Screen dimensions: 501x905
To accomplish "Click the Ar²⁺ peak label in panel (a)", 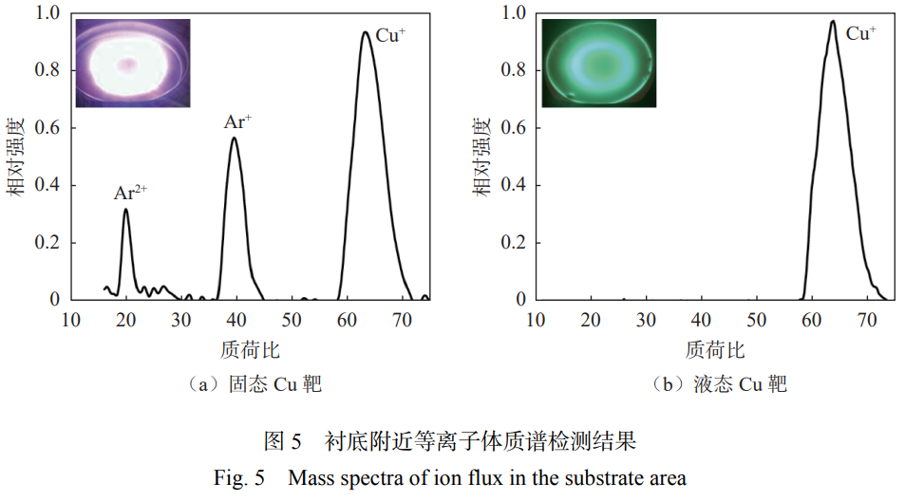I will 130,193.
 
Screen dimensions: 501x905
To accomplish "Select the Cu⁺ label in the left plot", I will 390,36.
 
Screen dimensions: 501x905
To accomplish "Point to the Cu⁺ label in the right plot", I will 860,34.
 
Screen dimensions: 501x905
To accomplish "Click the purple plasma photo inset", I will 133,63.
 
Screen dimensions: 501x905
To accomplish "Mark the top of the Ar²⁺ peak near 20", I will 125,210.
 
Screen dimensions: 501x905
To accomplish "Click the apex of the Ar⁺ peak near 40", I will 234,138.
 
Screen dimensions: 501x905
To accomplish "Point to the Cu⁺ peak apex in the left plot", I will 365,32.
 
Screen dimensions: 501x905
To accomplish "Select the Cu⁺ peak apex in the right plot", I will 832,21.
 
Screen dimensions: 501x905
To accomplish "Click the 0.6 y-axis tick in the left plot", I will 47,128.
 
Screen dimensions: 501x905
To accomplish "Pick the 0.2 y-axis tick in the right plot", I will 513,243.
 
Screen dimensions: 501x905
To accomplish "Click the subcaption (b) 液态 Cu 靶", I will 720,384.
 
